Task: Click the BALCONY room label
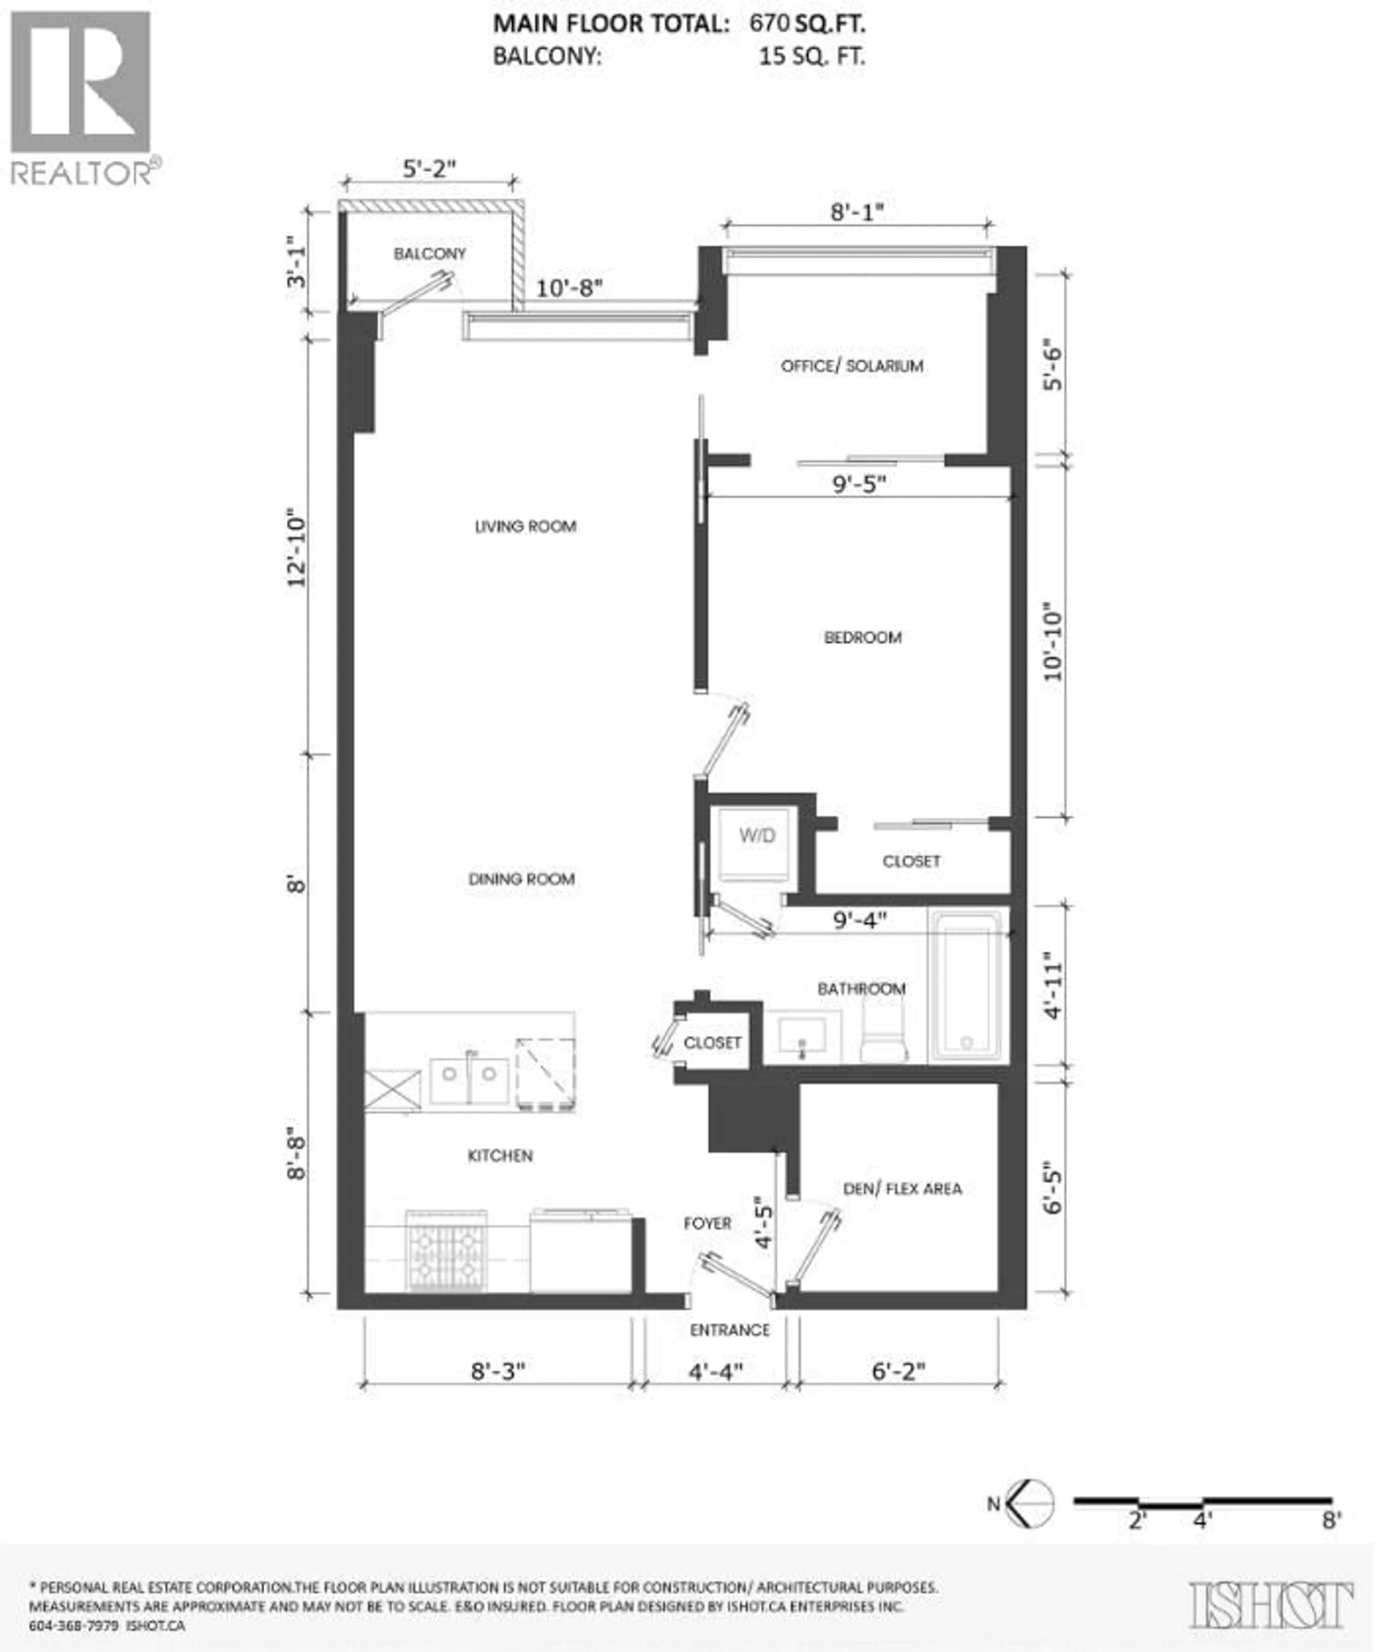pos(430,253)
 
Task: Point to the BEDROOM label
pos(862,637)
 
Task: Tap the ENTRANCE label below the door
pos(729,1330)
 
